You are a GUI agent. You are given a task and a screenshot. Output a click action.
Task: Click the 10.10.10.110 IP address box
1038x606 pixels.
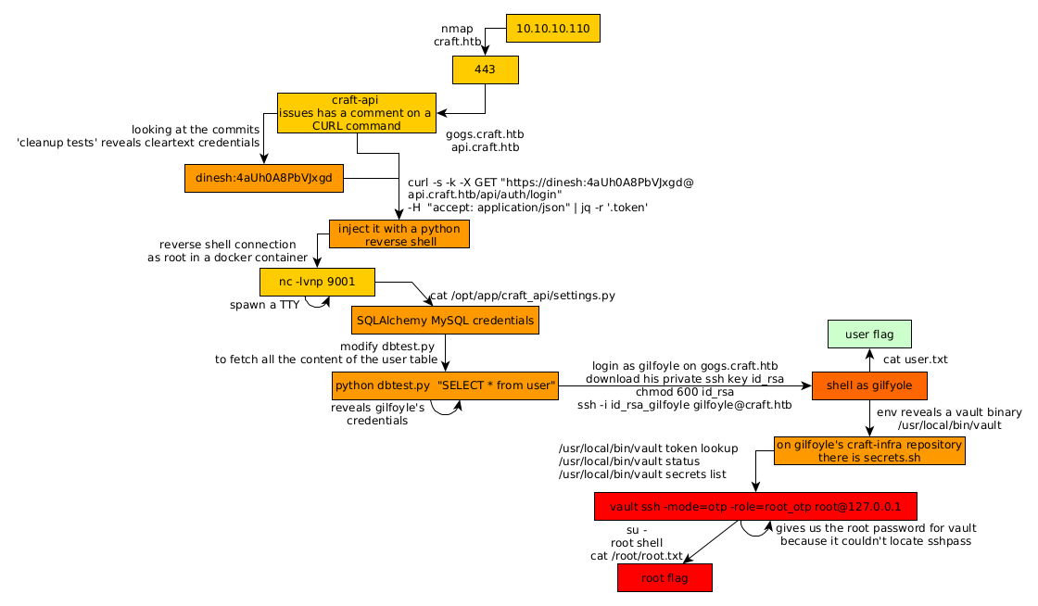click(553, 29)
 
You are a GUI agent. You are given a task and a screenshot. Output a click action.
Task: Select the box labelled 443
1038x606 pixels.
click(485, 69)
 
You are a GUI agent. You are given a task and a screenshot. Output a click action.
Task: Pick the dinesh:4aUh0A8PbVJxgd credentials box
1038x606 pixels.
click(264, 178)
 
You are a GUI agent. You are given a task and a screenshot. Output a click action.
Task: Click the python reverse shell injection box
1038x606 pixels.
click(399, 234)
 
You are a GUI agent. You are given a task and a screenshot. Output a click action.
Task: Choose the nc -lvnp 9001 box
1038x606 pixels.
click(317, 282)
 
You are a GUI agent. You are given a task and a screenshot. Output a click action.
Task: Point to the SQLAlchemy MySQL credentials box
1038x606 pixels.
click(445, 321)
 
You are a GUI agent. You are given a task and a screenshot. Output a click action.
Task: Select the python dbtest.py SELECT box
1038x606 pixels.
click(446, 385)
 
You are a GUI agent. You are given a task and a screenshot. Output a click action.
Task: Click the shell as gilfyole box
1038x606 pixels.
click(869, 385)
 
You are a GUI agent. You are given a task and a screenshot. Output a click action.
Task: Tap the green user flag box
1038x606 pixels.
click(869, 334)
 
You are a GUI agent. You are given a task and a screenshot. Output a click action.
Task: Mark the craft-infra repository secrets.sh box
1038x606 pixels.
click(869, 451)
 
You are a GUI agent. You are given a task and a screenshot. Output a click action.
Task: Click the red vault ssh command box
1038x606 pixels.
click(755, 507)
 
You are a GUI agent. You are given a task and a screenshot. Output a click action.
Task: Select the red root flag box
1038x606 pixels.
click(665, 577)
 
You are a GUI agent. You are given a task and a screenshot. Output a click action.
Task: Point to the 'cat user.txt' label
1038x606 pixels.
click(916, 360)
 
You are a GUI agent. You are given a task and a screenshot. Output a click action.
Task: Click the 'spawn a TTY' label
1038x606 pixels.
click(264, 305)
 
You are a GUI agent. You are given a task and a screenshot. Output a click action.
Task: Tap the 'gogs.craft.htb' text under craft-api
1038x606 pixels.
click(485, 134)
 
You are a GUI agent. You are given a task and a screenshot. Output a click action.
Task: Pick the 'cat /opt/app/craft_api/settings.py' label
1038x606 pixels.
click(523, 296)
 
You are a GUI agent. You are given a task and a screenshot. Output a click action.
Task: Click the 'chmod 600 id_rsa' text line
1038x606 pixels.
click(685, 392)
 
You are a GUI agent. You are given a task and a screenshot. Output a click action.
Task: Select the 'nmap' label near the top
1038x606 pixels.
click(457, 29)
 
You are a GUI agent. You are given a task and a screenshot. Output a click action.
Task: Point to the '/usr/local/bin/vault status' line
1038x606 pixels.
click(629, 461)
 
